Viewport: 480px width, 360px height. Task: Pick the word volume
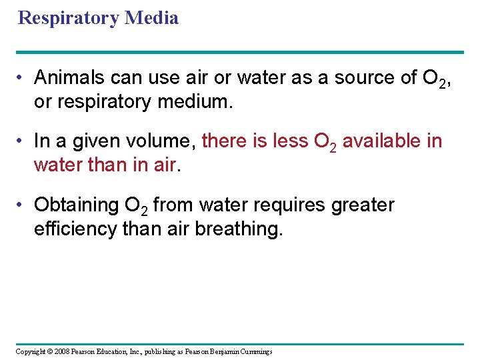coord(163,141)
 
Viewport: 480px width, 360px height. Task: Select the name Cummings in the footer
coord(255,351)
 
